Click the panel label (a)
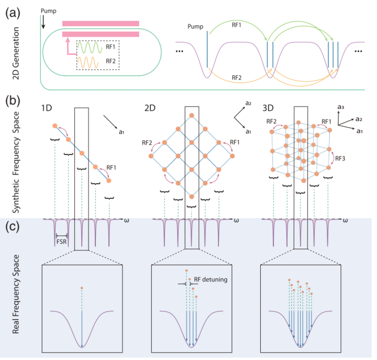[x=13, y=13]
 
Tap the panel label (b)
[x=13, y=100]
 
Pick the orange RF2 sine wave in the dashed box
[x=88, y=62]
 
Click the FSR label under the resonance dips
[x=61, y=242]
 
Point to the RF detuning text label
[x=210, y=279]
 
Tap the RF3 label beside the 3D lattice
[x=340, y=159]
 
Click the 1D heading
[x=47, y=108]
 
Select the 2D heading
[x=150, y=108]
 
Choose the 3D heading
[x=268, y=108]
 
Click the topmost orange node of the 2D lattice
[x=192, y=115]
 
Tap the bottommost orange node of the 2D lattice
[x=192, y=197]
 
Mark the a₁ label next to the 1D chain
[x=121, y=132]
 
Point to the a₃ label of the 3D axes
[x=341, y=107]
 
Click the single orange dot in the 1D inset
[x=82, y=288]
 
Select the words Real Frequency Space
[x=16, y=295]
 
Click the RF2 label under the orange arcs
[x=237, y=77]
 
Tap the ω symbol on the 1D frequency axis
[x=127, y=220]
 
